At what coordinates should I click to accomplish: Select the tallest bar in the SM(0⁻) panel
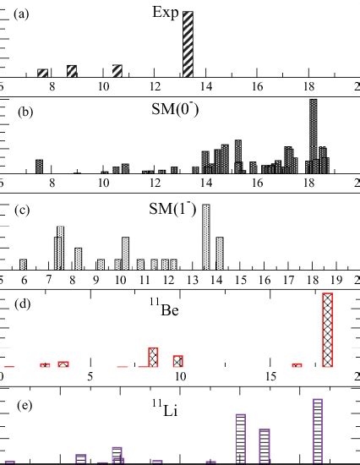(x=314, y=135)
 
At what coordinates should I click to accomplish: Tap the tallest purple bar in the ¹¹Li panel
(x=318, y=430)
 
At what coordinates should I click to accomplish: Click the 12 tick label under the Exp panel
(x=155, y=86)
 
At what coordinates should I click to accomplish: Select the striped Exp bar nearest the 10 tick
(x=117, y=71)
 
